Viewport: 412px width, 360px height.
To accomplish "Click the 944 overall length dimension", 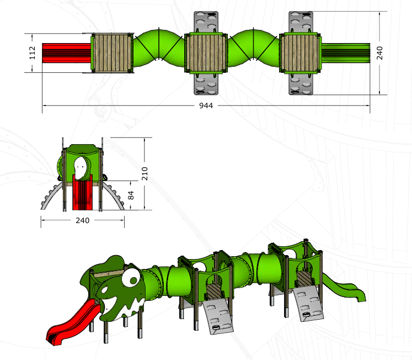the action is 206,105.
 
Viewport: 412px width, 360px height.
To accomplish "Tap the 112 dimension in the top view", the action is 32,52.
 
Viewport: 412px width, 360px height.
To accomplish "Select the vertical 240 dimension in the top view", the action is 379,53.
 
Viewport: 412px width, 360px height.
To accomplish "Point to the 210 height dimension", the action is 145,173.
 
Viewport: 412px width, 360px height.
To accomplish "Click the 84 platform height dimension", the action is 131,195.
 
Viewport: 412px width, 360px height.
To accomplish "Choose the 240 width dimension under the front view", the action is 83,220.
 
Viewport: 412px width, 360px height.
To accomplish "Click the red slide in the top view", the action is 67,53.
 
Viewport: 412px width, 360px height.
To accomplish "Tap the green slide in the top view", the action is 346,53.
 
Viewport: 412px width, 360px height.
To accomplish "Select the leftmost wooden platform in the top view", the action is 113,53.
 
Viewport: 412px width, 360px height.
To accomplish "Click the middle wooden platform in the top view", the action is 206,53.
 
